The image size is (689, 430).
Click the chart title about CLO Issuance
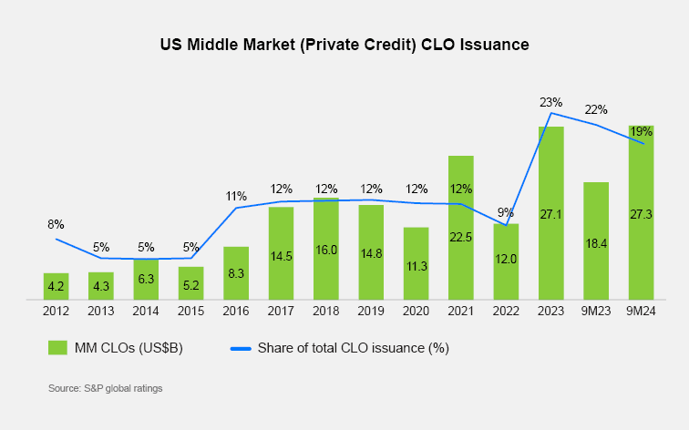344,44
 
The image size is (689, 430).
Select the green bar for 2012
57,285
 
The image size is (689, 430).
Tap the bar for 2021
461,227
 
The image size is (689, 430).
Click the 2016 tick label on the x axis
236,311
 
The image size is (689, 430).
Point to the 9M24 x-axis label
641,311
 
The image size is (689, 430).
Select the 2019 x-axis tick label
371,311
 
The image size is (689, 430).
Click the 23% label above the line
550,102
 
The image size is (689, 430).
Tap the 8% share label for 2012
57,224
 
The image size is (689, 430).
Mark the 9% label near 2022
506,214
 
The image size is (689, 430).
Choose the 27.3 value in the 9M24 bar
641,214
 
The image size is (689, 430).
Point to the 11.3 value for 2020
416,266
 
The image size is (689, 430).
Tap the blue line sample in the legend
240,347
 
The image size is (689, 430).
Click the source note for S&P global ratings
105,389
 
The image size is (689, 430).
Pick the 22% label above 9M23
596,109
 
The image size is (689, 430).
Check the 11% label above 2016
236,196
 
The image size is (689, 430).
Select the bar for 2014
147,279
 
